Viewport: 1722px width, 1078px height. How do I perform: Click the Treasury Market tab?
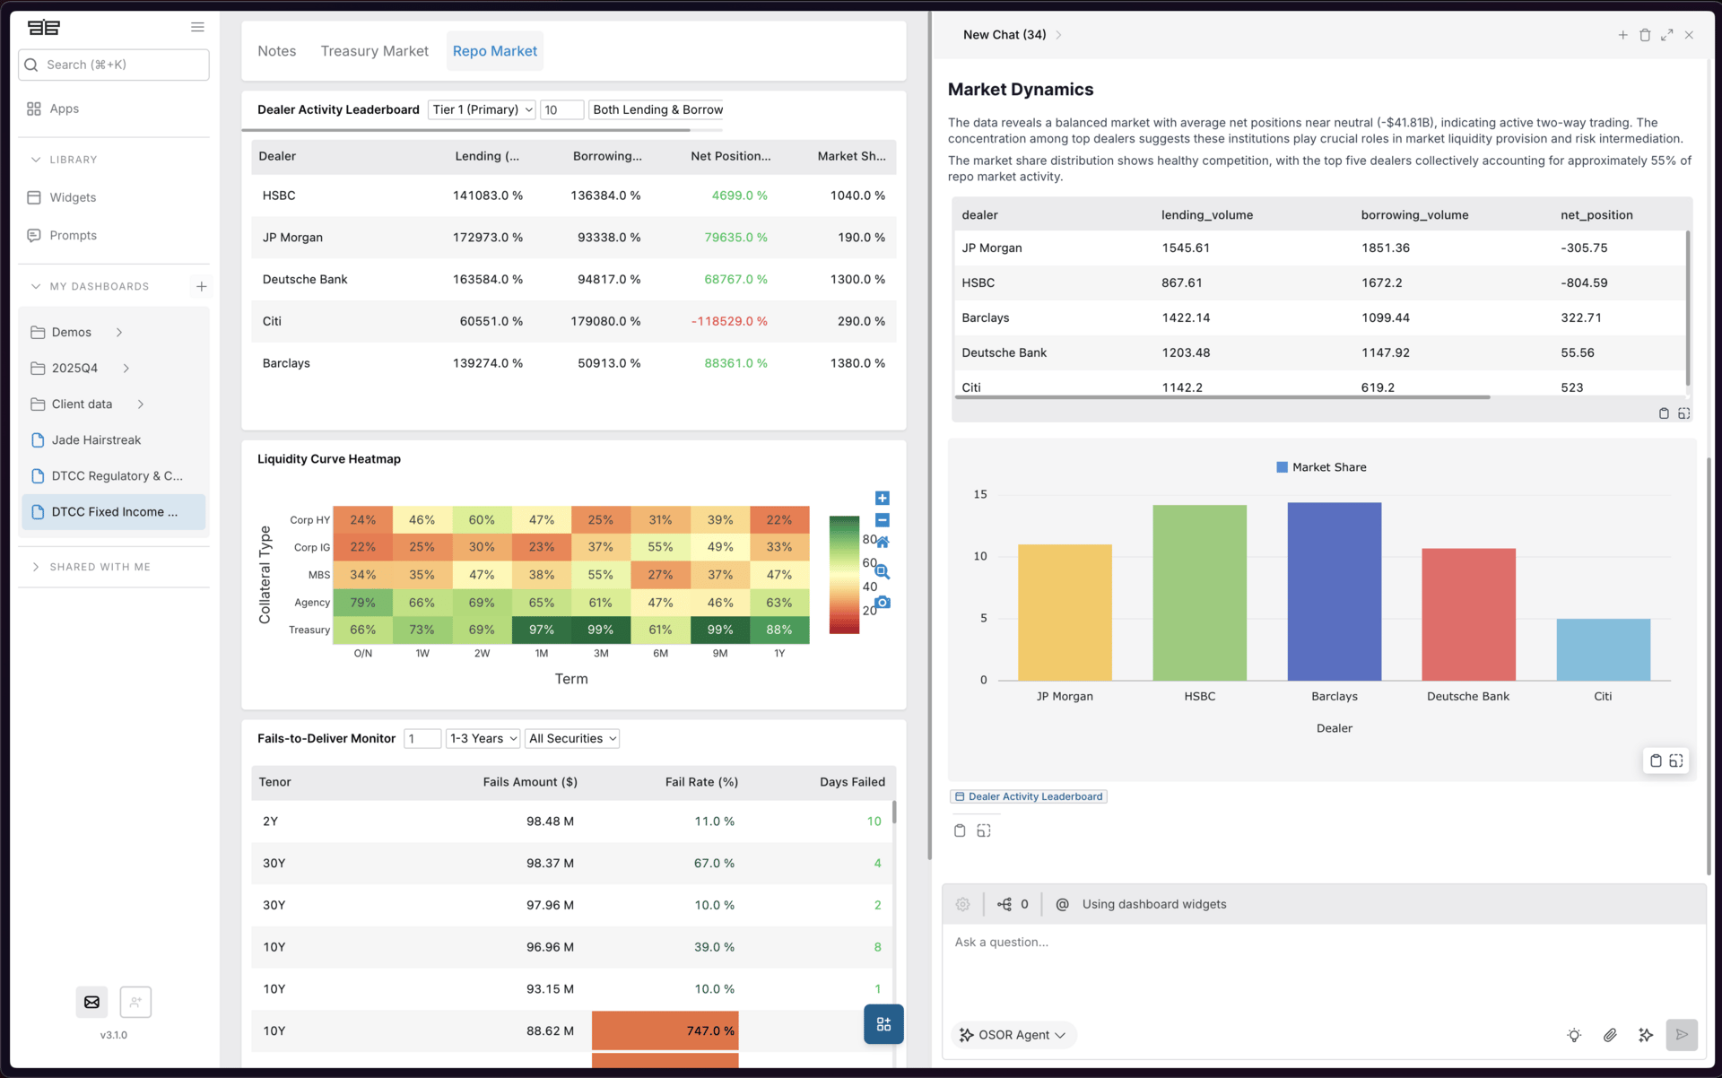point(374,51)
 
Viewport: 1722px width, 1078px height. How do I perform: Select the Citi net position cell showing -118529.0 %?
point(728,321)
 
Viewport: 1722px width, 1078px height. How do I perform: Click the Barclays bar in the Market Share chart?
point(1334,592)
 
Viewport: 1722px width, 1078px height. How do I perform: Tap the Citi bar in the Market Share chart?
point(1602,649)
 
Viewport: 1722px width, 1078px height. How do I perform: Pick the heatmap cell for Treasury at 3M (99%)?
point(600,630)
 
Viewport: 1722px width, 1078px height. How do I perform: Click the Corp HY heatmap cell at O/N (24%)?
point(362,519)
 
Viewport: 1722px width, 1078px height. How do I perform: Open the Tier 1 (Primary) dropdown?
point(482,109)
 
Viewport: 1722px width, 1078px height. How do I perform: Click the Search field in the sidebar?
point(114,65)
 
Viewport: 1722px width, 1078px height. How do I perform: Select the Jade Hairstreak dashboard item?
point(96,440)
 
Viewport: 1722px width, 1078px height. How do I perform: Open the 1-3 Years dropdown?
point(483,738)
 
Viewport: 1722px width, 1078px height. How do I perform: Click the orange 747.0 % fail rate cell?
point(665,1030)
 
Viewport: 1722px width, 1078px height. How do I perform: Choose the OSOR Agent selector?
point(1013,1035)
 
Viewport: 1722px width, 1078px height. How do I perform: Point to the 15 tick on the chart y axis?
point(980,494)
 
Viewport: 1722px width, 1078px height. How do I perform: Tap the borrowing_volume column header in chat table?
point(1414,215)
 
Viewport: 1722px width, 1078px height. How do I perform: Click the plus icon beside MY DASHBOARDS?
point(201,286)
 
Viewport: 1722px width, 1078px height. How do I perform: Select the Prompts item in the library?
point(73,235)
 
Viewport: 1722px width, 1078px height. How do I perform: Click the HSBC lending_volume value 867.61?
point(1181,283)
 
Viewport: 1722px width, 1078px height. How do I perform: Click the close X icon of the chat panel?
point(1689,35)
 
